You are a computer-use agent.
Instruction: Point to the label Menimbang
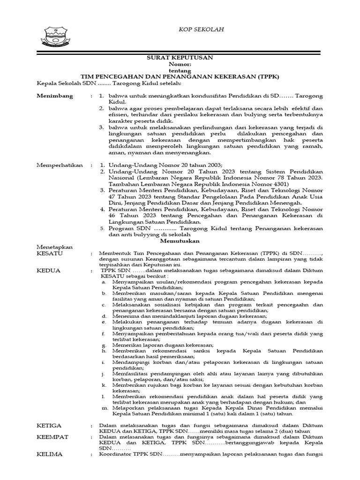coord(55,96)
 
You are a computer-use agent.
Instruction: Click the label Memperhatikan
coord(60,165)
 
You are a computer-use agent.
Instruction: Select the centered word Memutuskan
coord(180,241)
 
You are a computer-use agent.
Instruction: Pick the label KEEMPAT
coord(52,437)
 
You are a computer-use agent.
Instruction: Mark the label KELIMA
coord(50,454)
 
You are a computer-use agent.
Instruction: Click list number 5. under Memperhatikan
coord(102,228)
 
